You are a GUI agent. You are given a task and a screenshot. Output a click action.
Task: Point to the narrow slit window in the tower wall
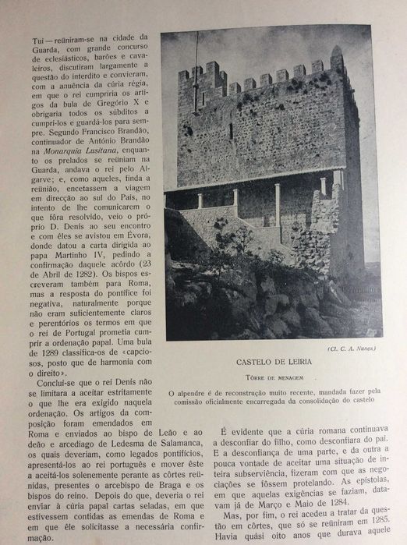(x=231, y=130)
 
